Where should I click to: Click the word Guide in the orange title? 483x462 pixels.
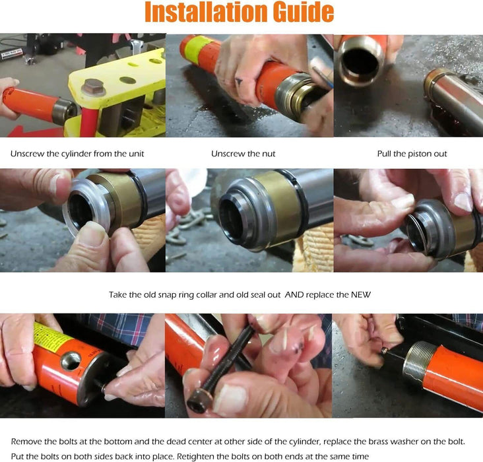[299, 12]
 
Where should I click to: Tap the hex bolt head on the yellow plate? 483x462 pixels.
[94, 87]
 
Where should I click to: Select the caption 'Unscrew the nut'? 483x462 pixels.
[243, 154]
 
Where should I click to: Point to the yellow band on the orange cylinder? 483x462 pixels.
[198, 50]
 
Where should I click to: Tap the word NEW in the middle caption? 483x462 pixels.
[361, 294]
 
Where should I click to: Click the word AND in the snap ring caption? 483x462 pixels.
[294, 294]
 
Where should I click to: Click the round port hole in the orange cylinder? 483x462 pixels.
[71, 360]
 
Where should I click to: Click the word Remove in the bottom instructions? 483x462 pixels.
[26, 442]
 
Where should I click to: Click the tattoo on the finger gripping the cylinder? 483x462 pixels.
[239, 82]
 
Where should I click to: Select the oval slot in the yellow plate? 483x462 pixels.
[127, 81]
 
